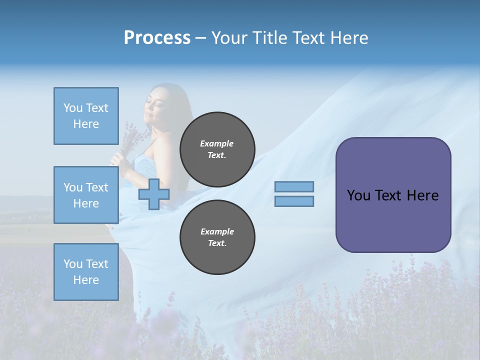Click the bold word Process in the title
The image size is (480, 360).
(157, 38)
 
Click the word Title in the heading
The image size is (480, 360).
(269, 38)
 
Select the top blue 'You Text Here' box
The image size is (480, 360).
(86, 116)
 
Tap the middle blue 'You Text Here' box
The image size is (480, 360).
(86, 195)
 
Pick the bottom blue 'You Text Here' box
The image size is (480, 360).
(86, 272)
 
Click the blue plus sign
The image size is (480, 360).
(153, 194)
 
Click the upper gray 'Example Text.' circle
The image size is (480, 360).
(217, 149)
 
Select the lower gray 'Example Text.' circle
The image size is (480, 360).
(217, 237)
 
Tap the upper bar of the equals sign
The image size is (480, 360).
(294, 187)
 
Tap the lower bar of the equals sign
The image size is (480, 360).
(294, 201)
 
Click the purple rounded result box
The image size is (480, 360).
(393, 220)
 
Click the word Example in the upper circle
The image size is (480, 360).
(217, 143)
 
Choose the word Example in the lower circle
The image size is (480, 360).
(217, 231)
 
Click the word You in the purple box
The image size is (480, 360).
(358, 195)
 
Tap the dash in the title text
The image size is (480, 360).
(201, 38)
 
